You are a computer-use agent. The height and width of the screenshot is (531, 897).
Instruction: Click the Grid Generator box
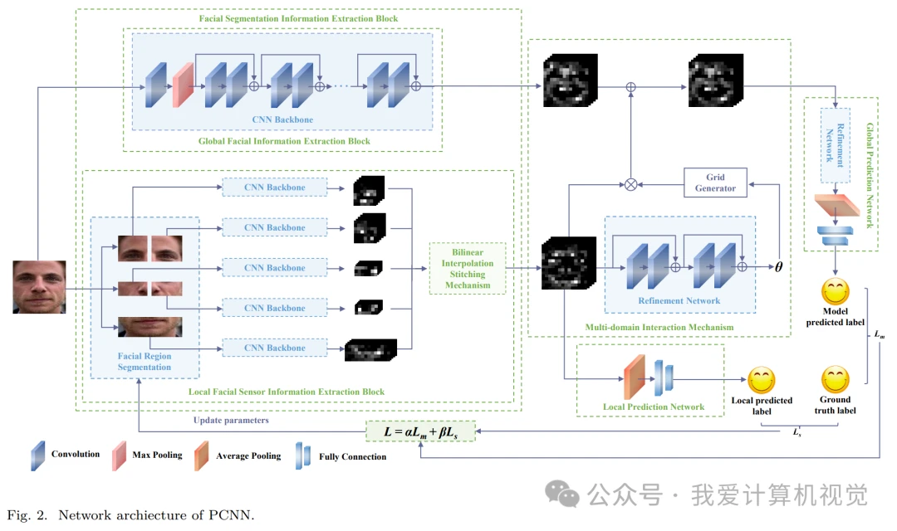pyautogui.click(x=715, y=183)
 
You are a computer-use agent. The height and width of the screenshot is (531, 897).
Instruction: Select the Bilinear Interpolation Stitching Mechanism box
pyautogui.click(x=468, y=269)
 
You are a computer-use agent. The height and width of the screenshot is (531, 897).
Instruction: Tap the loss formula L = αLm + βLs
pyautogui.click(x=420, y=431)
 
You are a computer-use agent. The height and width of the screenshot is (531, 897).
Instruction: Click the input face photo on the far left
pyautogui.click(x=39, y=287)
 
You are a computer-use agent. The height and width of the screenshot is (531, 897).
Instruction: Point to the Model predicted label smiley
pyautogui.click(x=836, y=291)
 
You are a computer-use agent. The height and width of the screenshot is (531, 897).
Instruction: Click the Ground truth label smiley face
pyautogui.click(x=836, y=379)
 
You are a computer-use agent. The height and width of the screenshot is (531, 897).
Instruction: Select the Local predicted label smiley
pyautogui.click(x=762, y=380)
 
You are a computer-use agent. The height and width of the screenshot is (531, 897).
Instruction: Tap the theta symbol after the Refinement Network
pyautogui.click(x=778, y=267)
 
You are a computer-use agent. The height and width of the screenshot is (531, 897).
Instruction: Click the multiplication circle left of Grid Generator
pyautogui.click(x=630, y=185)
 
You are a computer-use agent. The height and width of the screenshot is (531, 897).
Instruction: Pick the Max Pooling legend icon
pyautogui.click(x=119, y=455)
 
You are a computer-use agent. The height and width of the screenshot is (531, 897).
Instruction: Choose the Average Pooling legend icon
pyautogui.click(x=201, y=455)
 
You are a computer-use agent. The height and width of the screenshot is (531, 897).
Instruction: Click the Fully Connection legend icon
pyautogui.click(x=303, y=455)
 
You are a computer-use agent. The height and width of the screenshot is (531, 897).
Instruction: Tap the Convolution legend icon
pyautogui.click(x=37, y=455)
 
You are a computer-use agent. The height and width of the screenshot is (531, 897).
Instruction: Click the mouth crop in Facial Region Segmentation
pyautogui.click(x=149, y=327)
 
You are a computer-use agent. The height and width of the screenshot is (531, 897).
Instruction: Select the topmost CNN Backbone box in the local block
pyautogui.click(x=275, y=187)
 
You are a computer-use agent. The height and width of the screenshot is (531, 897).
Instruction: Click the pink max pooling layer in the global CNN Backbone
pyautogui.click(x=183, y=85)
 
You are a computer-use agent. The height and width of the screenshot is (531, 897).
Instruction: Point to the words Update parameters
pyautogui.click(x=231, y=420)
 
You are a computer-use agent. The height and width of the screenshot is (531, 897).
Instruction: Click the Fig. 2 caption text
pyautogui.click(x=130, y=515)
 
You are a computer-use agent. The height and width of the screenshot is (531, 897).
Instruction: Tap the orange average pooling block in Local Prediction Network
pyautogui.click(x=635, y=378)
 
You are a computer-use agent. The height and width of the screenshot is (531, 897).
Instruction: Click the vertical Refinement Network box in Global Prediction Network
pyautogui.click(x=836, y=145)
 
